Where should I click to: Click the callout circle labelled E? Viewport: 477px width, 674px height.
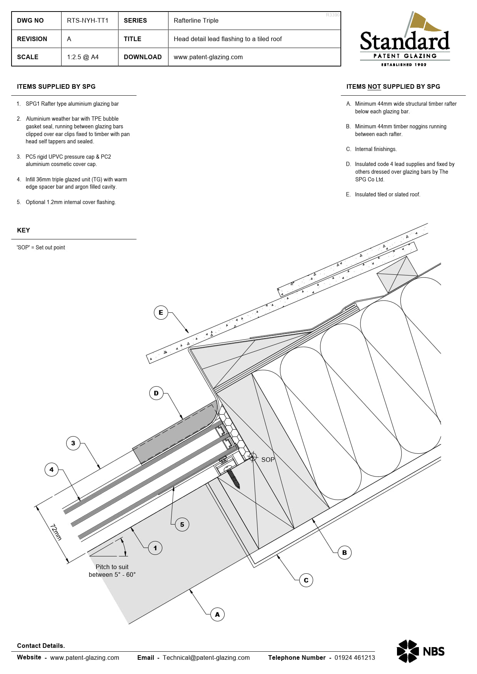click(x=161, y=312)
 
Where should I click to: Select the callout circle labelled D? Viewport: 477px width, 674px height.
click(x=156, y=393)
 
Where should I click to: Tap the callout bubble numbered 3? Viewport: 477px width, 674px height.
click(x=73, y=443)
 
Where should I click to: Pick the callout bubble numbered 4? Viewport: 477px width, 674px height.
click(x=52, y=470)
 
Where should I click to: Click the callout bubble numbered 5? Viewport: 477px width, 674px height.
click(x=182, y=525)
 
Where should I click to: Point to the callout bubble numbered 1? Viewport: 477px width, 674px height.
click(x=155, y=548)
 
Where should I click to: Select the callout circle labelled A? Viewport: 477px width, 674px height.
click(x=217, y=614)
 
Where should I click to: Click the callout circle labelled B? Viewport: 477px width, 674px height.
click(x=344, y=553)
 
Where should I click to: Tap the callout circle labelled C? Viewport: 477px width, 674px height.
click(x=306, y=580)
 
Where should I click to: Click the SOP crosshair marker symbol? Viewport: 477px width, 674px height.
click(x=253, y=457)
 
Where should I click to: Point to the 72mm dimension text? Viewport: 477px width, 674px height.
click(x=56, y=532)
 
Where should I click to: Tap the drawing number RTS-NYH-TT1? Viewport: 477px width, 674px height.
click(x=88, y=20)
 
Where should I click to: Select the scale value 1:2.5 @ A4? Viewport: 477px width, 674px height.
click(x=83, y=57)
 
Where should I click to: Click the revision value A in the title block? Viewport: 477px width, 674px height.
click(x=69, y=39)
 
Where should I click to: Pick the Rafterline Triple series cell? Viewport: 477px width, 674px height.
click(x=196, y=20)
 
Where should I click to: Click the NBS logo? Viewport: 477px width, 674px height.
click(x=420, y=651)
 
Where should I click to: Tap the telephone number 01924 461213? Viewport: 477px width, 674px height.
click(x=354, y=657)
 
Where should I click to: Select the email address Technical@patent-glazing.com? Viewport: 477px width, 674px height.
click(x=206, y=657)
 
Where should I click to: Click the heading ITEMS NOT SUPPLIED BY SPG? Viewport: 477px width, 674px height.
click(x=393, y=86)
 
